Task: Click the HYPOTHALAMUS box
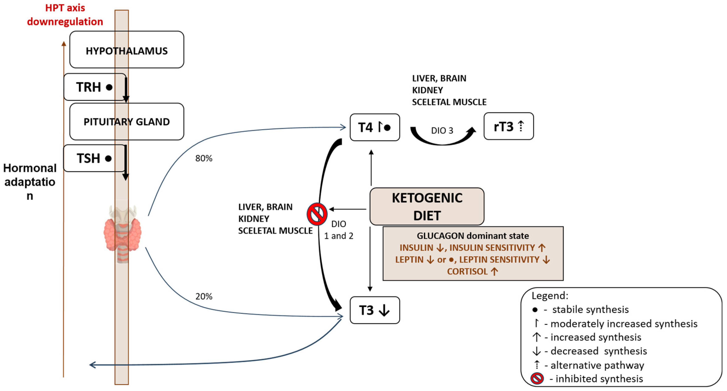pyautogui.click(x=127, y=50)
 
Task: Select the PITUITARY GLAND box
pyautogui.click(x=127, y=121)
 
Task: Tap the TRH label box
pyautogui.click(x=95, y=87)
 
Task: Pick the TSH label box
pyautogui.click(x=94, y=158)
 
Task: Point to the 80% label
pyautogui.click(x=204, y=158)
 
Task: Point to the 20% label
pyautogui.click(x=204, y=296)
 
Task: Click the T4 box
pyautogui.click(x=375, y=127)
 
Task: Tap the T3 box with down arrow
pyautogui.click(x=375, y=310)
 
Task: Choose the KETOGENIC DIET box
pyautogui.click(x=427, y=207)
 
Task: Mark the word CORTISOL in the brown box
pyautogui.click(x=467, y=271)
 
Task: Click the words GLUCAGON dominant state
pyautogui.click(x=473, y=236)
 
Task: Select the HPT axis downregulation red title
pyautogui.click(x=65, y=15)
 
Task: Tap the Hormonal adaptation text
pyautogui.click(x=30, y=182)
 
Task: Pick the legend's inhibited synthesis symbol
pyautogui.click(x=537, y=378)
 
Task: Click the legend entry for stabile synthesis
pyautogui.click(x=590, y=310)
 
